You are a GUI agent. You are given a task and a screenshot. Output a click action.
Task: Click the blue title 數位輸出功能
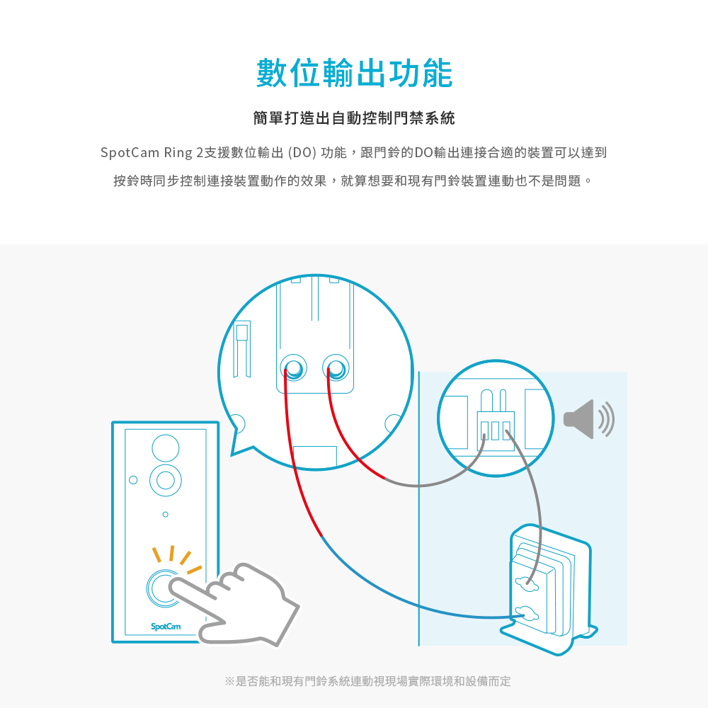354,73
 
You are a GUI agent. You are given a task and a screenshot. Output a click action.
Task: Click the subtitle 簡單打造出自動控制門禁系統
354,118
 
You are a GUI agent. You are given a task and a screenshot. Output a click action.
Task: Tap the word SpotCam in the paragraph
130,153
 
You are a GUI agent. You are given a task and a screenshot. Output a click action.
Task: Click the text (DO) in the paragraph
302,153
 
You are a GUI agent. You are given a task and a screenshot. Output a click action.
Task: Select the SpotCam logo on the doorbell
166,627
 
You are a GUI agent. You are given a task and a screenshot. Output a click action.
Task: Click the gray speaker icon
589,419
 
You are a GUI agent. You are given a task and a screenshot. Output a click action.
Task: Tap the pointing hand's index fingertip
173,586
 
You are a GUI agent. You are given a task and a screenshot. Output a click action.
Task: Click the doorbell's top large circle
166,448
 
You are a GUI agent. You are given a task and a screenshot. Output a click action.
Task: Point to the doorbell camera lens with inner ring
166,481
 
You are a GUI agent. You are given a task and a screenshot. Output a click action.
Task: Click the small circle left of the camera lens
133,479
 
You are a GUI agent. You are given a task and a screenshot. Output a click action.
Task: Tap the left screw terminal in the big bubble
294,367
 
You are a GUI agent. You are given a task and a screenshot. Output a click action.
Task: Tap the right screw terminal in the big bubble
336,367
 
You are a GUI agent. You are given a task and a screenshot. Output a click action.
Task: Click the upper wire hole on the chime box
527,584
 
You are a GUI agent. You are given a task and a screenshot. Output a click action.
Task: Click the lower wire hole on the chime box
527,614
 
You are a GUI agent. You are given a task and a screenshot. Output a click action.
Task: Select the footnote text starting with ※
367,681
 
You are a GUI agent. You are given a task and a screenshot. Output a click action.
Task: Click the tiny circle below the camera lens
165,514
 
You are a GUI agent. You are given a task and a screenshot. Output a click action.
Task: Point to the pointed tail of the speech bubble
232,455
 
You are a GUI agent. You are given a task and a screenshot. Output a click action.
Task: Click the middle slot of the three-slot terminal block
496,430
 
